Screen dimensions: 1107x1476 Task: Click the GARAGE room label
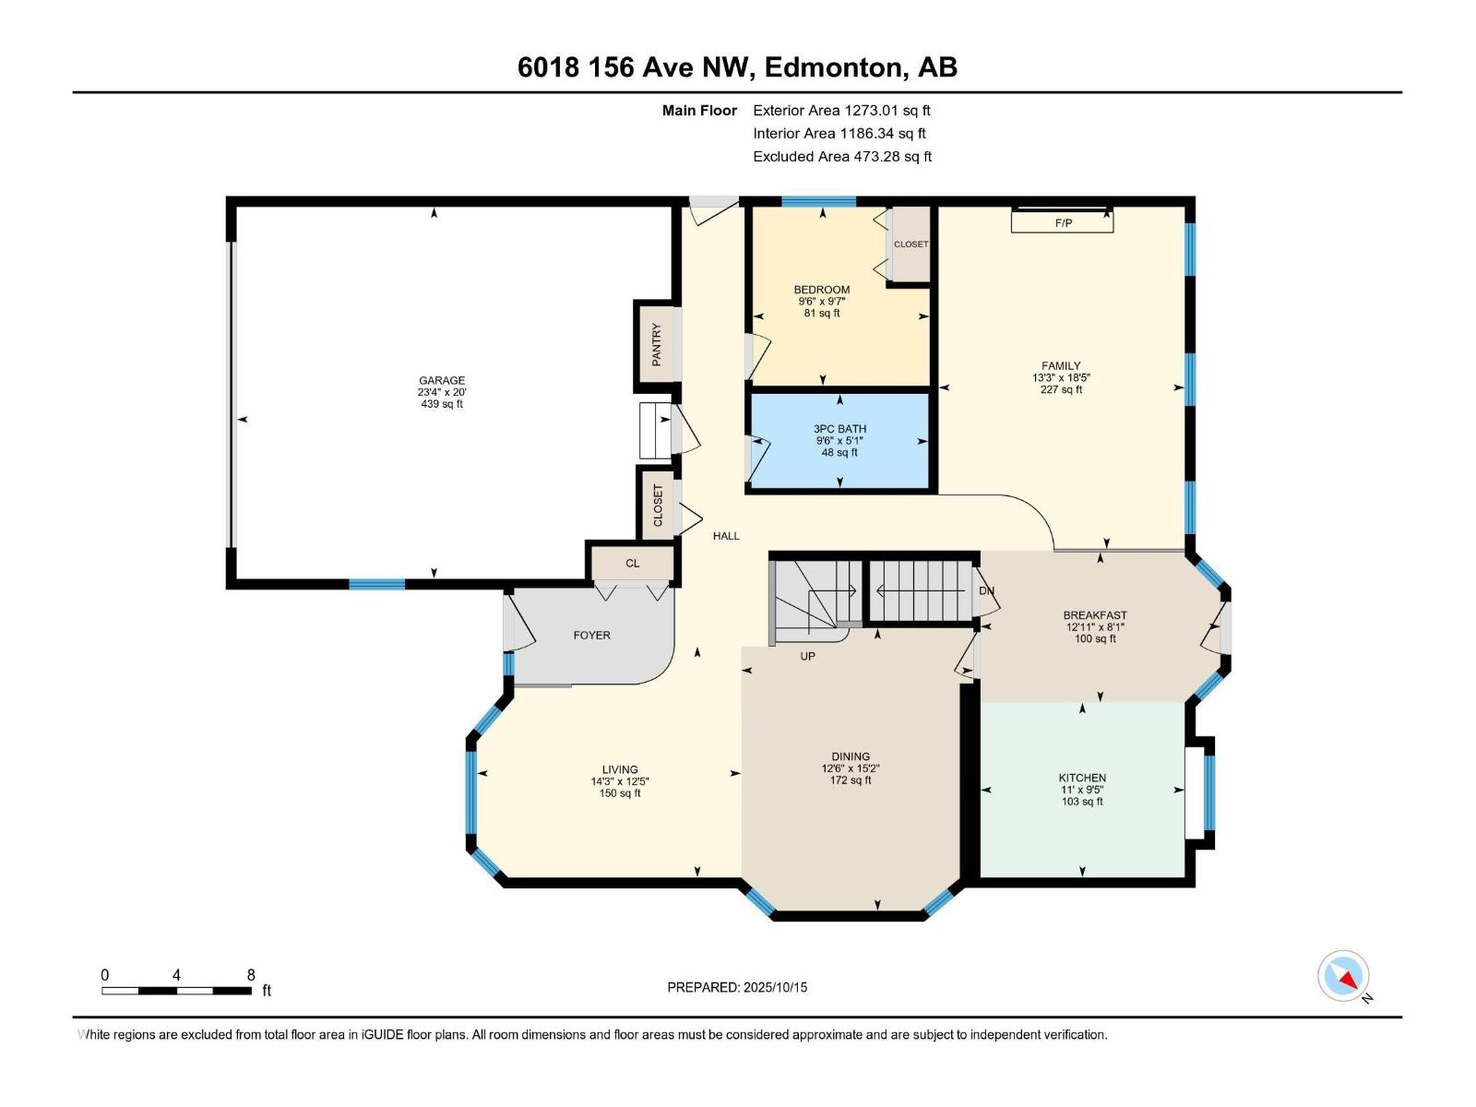(x=442, y=380)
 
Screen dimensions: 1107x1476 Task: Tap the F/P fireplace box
(x=1063, y=222)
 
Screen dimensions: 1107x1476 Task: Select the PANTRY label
(x=657, y=344)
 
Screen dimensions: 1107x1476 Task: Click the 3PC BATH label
(x=839, y=429)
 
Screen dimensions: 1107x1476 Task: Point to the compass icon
(x=1343, y=977)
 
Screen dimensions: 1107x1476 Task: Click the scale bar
(x=176, y=991)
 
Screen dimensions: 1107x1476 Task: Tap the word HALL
(x=726, y=536)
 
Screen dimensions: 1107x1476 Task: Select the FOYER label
(x=591, y=636)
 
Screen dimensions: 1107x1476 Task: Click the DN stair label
(x=986, y=590)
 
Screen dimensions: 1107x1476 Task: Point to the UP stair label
(x=807, y=657)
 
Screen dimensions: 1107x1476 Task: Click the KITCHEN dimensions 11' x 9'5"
(x=1082, y=790)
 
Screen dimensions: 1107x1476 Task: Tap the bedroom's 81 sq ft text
(x=822, y=314)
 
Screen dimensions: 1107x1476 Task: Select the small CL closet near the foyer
(x=632, y=564)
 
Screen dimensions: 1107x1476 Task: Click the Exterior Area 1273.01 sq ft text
(x=841, y=111)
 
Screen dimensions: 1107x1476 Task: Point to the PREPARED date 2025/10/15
(x=737, y=987)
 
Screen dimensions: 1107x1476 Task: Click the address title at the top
(x=737, y=67)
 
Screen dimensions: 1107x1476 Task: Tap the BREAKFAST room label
(x=1095, y=615)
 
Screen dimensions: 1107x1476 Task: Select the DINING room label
(x=850, y=756)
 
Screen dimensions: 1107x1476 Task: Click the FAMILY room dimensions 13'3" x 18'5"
(x=1061, y=378)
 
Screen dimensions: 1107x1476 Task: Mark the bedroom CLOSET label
(x=911, y=244)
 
